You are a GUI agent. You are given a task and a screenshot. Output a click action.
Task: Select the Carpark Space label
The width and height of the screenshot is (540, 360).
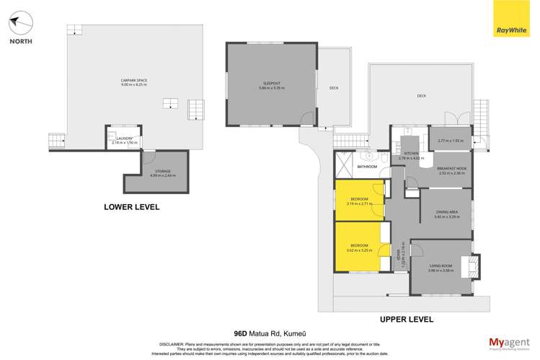click(133, 82)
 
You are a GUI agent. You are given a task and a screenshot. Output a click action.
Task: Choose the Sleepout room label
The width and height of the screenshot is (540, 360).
click(272, 85)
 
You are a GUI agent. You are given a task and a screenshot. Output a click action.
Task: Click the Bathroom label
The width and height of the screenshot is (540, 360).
click(368, 167)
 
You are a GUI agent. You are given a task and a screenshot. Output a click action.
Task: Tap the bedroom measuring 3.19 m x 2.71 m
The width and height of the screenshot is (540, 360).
click(359, 201)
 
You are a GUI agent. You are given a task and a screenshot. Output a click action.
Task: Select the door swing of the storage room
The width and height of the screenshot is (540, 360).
click(149, 157)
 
